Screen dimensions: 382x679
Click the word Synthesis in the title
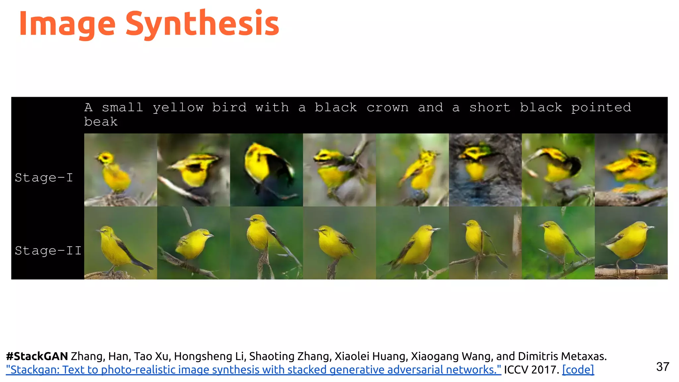coord(202,23)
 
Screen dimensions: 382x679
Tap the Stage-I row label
coord(44,178)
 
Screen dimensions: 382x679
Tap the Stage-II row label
coord(48,251)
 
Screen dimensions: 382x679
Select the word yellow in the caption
coord(178,107)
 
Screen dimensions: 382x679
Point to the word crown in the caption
coord(387,107)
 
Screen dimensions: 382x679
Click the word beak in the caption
coord(101,122)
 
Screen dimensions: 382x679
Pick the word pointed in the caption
coord(601,107)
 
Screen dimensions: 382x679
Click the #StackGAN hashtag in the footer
coord(37,356)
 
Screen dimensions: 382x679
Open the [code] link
coord(578,369)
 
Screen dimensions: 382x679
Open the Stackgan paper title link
coord(253,369)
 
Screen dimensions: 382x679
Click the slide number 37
coord(662,367)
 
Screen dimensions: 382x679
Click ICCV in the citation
coord(516,369)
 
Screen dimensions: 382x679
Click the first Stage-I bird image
coord(120,170)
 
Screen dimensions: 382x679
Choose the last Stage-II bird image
coord(631,243)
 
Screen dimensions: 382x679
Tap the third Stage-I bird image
coord(266,170)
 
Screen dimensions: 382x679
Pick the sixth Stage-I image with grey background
coord(485,170)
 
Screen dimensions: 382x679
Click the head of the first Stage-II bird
coord(106,230)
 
